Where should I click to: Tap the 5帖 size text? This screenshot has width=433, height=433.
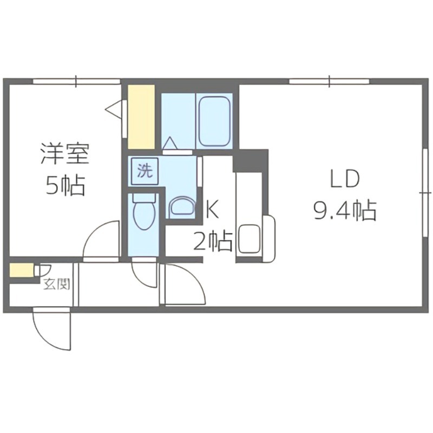click(x=64, y=186)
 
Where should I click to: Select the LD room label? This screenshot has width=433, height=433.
click(x=345, y=179)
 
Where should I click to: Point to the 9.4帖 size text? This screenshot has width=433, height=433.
click(x=345, y=209)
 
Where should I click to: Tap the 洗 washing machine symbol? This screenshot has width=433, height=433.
click(x=144, y=171)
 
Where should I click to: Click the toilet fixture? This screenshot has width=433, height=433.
click(x=144, y=214)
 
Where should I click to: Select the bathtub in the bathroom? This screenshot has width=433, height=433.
click(x=215, y=121)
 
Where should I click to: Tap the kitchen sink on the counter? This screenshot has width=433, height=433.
click(x=250, y=239)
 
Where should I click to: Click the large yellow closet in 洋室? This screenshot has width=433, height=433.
click(x=141, y=116)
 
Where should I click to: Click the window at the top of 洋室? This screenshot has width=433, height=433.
click(x=76, y=82)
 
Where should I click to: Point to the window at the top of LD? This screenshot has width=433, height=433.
click(x=329, y=82)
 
